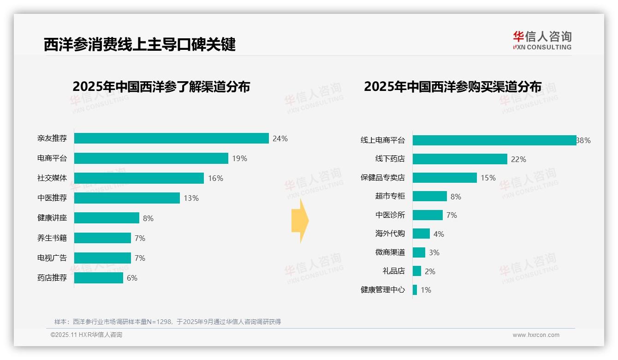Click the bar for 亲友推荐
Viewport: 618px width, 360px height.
(171, 138)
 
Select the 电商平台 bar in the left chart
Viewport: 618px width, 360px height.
(151, 158)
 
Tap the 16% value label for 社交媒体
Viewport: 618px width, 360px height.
(215, 178)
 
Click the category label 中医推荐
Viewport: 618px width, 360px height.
(52, 198)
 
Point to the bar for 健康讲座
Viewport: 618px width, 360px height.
(107, 218)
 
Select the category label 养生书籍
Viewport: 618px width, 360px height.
(52, 238)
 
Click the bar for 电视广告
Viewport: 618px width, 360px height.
(102, 258)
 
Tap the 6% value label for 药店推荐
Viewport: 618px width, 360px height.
(132, 278)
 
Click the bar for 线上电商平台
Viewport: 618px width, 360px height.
(494, 140)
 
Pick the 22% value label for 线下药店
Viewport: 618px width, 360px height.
(518, 159)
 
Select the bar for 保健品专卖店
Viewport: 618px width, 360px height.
(445, 178)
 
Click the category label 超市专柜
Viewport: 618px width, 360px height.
(390, 196)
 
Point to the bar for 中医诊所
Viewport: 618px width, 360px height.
(428, 215)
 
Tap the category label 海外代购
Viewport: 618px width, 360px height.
(390, 234)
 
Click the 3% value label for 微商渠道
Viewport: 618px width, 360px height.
(434, 252)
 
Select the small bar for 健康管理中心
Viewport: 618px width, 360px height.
(415, 290)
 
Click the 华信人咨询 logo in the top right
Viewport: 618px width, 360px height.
(542, 40)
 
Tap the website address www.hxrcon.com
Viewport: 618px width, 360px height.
(536, 335)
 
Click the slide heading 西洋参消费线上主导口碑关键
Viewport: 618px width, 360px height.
(139, 44)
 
